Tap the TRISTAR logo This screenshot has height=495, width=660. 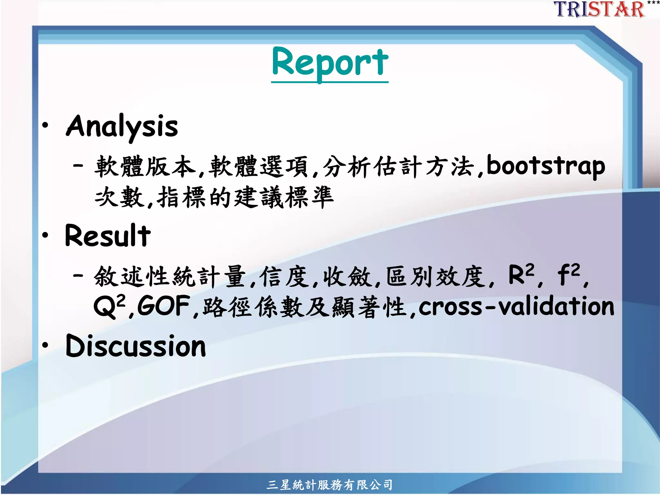click(599, 9)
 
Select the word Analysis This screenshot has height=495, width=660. click(122, 126)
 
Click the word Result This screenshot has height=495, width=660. click(108, 236)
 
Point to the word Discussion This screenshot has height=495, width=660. click(135, 346)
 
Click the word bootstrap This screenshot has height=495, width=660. click(546, 167)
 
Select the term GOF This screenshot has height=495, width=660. click(163, 306)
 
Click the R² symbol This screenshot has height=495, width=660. click(521, 275)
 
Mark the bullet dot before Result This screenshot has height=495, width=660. click(45, 235)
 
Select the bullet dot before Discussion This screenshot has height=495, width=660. click(45, 345)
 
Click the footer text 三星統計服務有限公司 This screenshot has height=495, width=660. click(329, 485)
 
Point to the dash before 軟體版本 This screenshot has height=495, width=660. click(78, 166)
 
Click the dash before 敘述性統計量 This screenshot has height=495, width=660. click(78, 276)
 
